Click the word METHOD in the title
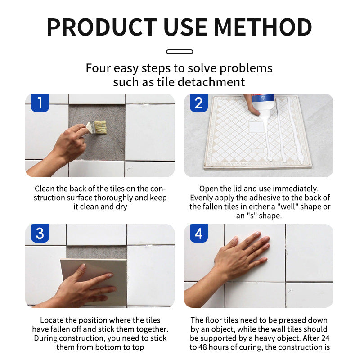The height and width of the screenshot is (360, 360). [263, 27]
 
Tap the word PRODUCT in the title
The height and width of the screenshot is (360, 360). [102, 27]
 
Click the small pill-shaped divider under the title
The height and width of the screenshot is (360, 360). [180, 52]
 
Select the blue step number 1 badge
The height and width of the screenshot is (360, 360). [40, 103]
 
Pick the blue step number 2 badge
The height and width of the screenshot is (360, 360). [199, 103]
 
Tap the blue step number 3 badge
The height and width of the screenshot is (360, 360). [40, 233]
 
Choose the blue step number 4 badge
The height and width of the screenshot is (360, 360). [199, 233]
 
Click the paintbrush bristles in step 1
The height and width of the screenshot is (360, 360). [100, 127]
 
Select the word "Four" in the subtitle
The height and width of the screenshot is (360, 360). [98, 68]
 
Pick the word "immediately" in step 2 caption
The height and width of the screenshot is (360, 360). [296, 189]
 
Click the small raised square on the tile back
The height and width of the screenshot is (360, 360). [256, 127]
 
